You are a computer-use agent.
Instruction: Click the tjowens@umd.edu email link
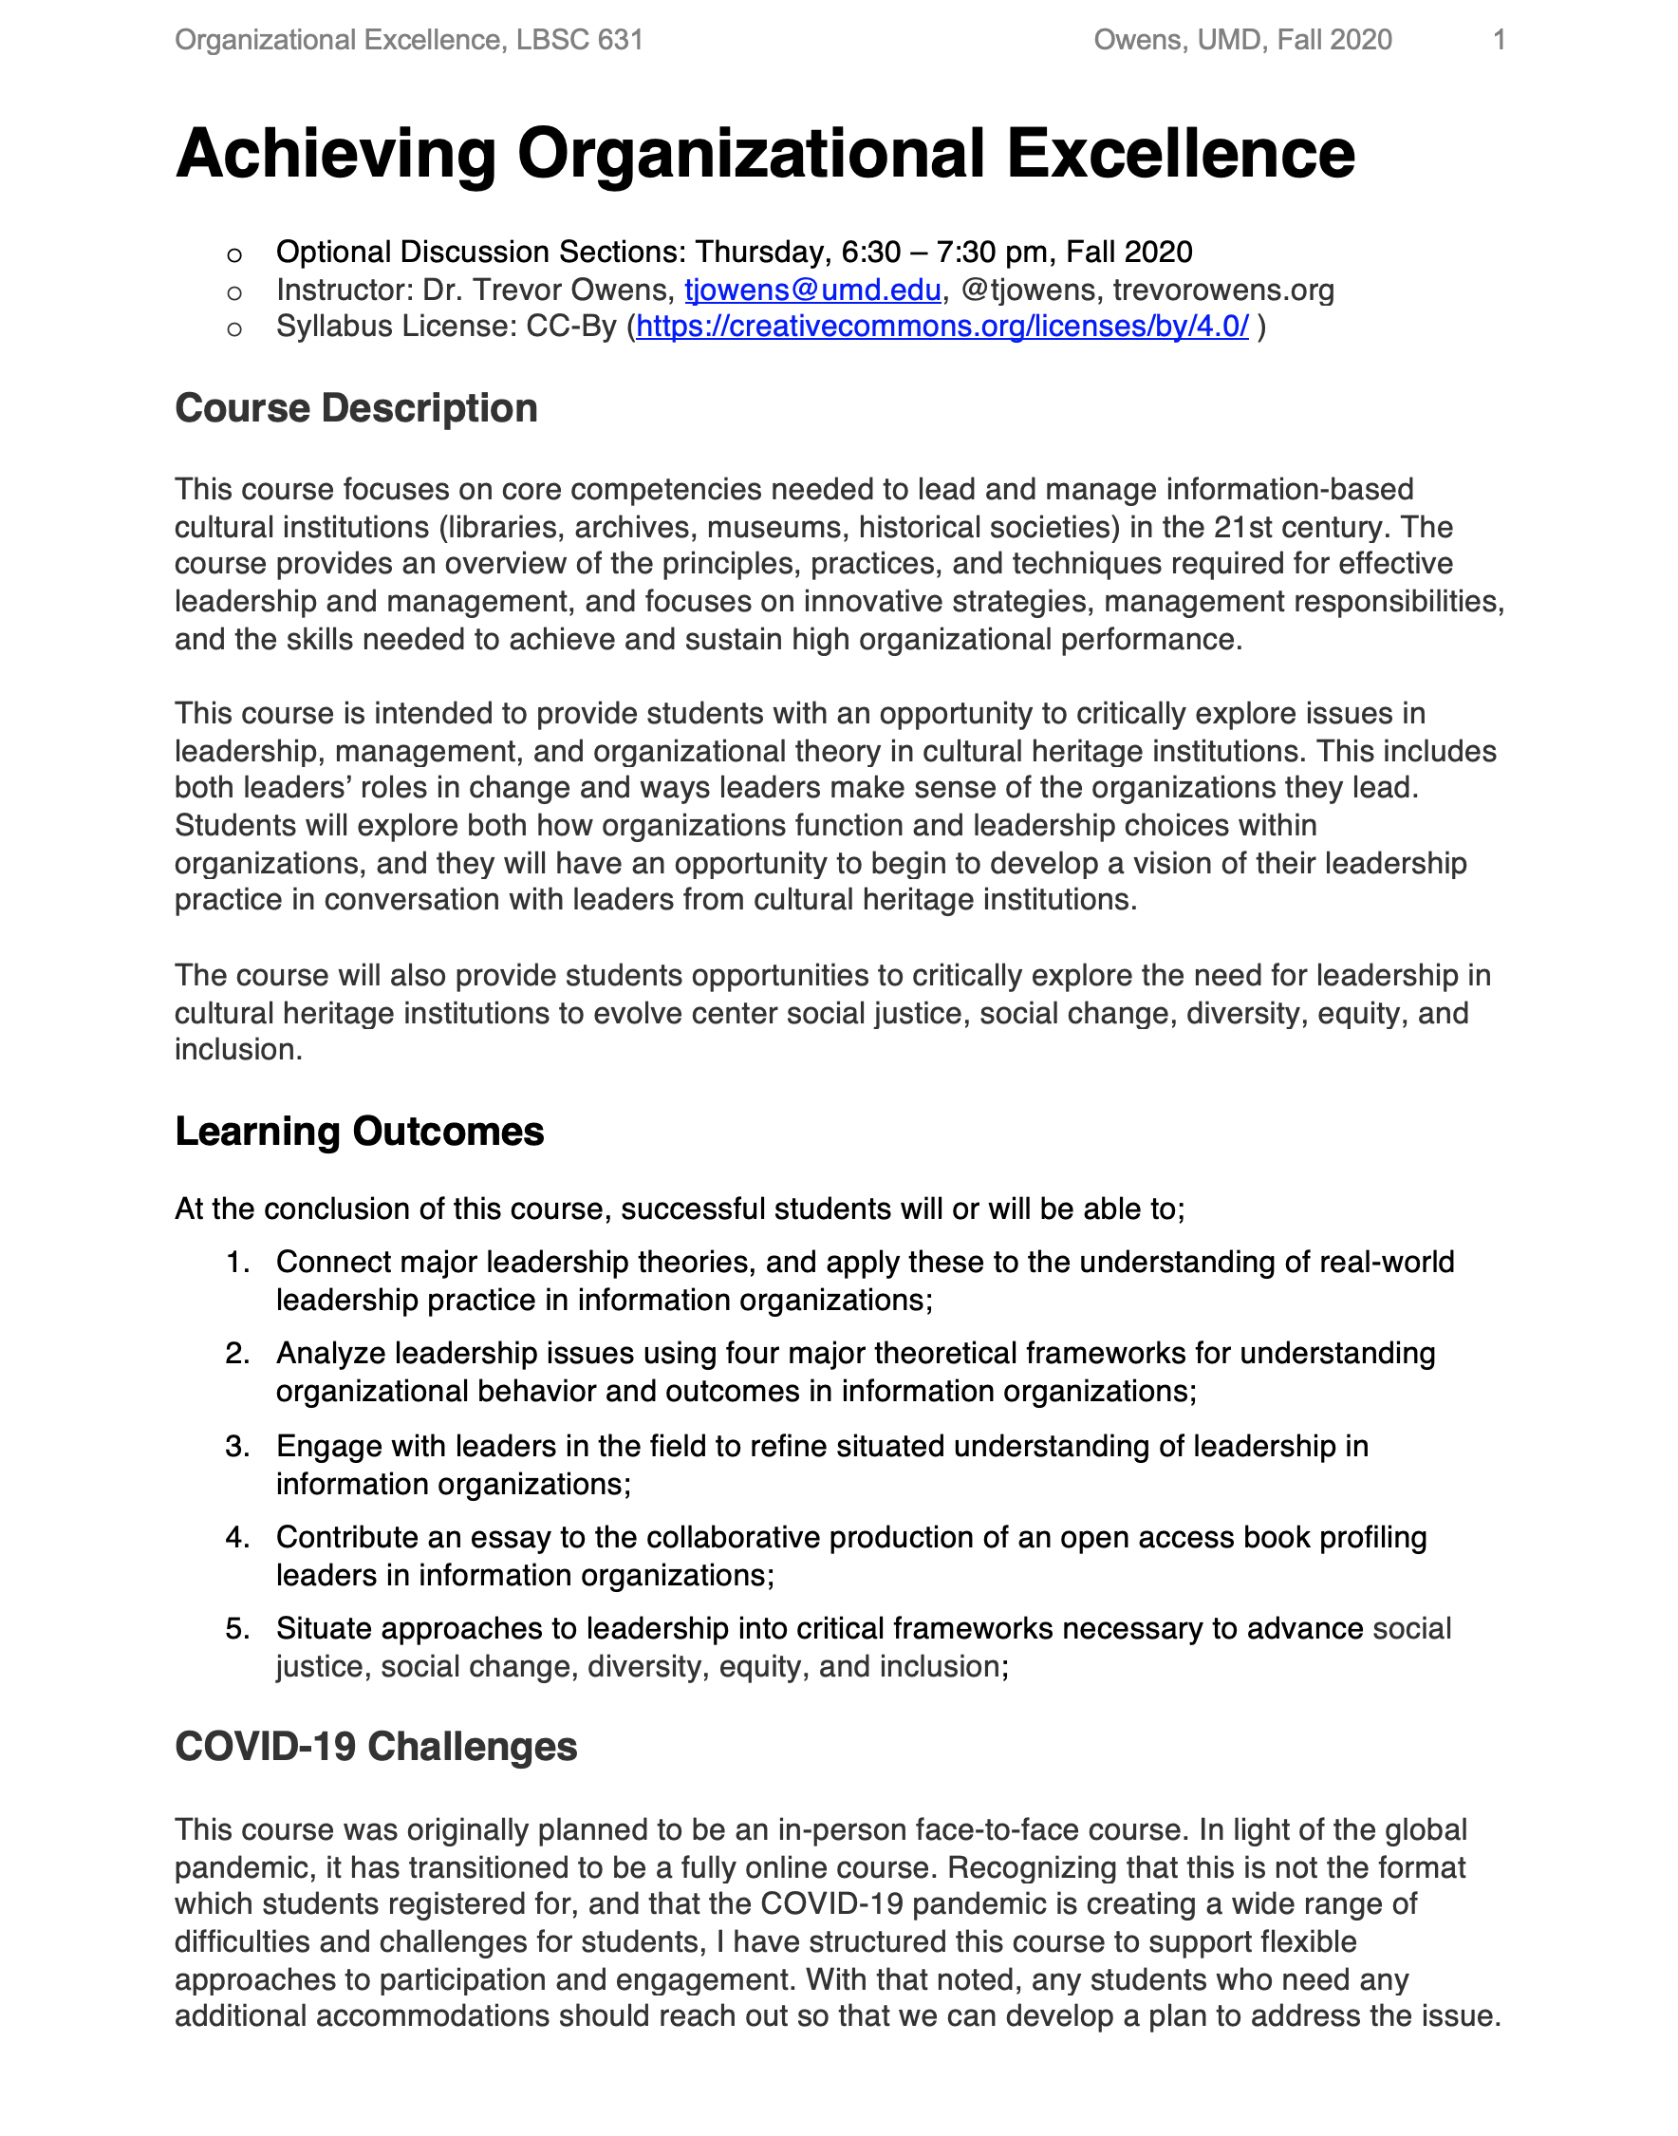tap(812, 290)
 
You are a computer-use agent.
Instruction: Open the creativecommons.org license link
tap(942, 327)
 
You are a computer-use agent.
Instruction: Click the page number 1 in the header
tap(1499, 40)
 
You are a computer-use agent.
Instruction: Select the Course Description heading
tap(356, 409)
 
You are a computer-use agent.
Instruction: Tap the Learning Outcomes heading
tap(359, 1131)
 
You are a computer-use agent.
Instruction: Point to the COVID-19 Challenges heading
tap(375, 1747)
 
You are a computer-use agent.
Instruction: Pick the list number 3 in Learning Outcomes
tap(236, 1446)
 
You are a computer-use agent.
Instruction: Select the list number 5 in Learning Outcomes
tap(236, 1629)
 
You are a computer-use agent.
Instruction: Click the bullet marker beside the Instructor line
tap(233, 291)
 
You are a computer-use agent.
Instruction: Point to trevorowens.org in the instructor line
tap(1223, 290)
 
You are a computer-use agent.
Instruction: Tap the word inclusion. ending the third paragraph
tap(238, 1050)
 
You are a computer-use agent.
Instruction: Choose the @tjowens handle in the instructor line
tap(1027, 290)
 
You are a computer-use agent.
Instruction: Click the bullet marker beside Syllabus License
tap(233, 328)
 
